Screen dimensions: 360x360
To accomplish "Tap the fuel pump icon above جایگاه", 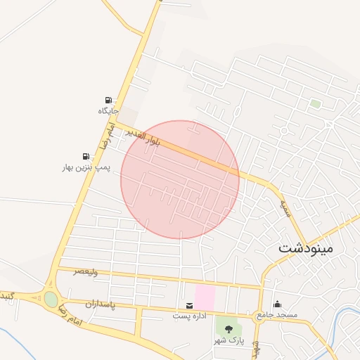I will pyautogui.click(x=108, y=101).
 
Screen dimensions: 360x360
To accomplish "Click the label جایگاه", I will pyautogui.click(x=108, y=111).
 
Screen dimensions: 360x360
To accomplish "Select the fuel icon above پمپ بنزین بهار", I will pyautogui.click(x=86, y=156).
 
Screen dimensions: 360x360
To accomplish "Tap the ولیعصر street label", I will pyautogui.click(x=88, y=271).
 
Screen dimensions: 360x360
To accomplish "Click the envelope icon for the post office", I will pyautogui.click(x=190, y=306).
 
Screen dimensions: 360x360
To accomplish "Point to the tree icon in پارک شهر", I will pyautogui.click(x=229, y=328).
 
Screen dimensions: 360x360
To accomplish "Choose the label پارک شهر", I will pyautogui.click(x=229, y=340).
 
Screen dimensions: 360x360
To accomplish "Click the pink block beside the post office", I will pyautogui.click(x=205, y=296).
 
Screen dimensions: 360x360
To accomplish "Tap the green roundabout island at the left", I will pyautogui.click(x=51, y=300).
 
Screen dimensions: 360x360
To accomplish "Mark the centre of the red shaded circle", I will pyautogui.click(x=180, y=179).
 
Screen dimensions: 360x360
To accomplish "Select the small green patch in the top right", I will pyautogui.click(x=316, y=104).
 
